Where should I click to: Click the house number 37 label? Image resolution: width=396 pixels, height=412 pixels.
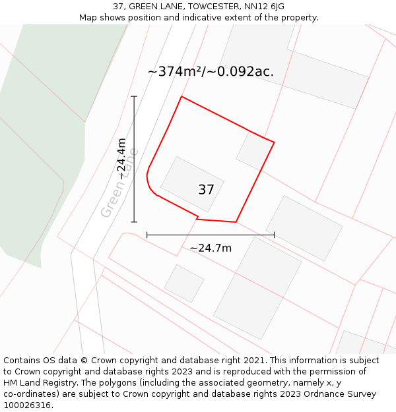click(x=206, y=190)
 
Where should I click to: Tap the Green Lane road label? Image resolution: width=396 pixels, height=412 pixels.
click(x=119, y=183)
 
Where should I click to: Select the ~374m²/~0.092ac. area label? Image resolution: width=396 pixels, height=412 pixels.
click(x=211, y=71)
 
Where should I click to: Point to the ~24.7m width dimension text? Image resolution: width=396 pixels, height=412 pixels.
click(x=211, y=248)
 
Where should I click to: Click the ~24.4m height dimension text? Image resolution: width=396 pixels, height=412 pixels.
click(x=121, y=158)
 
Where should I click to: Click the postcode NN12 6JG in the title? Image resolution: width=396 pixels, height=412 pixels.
click(x=263, y=7)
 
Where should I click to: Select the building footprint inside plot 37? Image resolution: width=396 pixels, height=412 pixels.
click(x=191, y=184)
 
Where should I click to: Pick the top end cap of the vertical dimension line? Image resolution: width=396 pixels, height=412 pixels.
click(x=134, y=96)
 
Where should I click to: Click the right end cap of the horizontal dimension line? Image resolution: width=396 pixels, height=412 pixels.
click(x=274, y=234)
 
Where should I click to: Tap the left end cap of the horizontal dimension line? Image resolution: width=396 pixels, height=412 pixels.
click(x=147, y=234)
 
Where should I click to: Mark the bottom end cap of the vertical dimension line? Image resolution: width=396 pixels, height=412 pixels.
click(x=134, y=222)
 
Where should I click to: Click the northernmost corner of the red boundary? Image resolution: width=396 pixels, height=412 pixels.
click(x=181, y=97)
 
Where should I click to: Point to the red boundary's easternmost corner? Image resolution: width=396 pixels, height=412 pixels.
click(x=274, y=142)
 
